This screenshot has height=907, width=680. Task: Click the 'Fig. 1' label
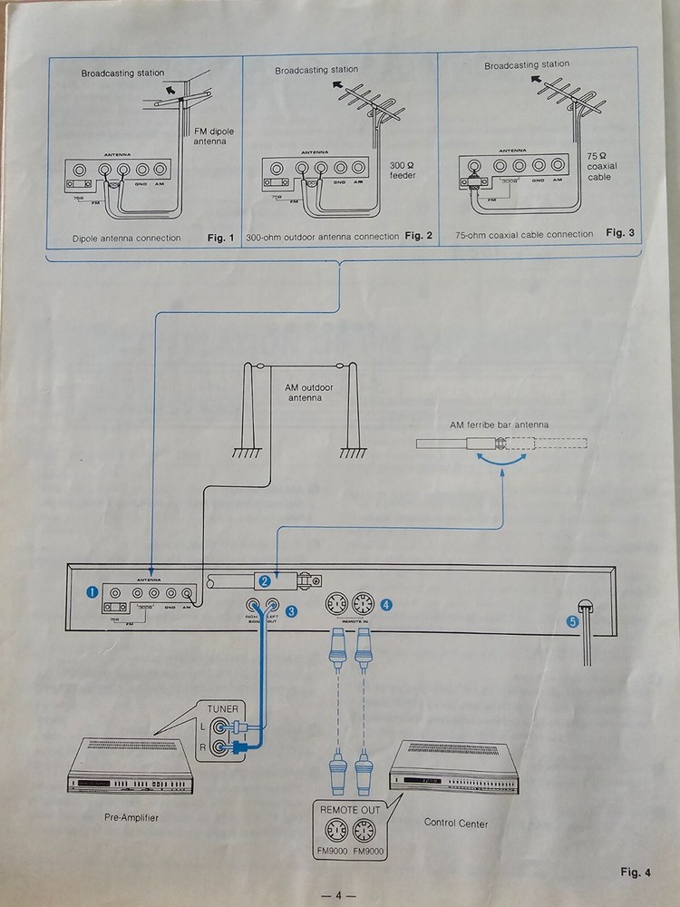point(220,239)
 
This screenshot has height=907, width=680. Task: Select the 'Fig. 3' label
point(620,233)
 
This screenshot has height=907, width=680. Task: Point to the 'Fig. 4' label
point(636,874)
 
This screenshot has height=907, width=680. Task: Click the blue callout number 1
point(91,590)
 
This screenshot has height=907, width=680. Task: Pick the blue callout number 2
point(263,580)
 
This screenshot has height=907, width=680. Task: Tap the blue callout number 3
point(291,611)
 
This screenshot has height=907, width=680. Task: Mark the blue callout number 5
point(571,621)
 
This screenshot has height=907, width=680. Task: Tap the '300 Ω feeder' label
point(403,170)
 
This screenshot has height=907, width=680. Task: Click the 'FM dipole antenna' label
point(215,137)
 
